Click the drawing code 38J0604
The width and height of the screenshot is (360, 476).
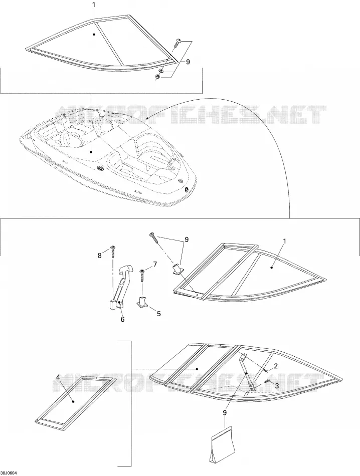(9, 473)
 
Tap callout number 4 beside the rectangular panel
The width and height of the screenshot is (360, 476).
(58, 377)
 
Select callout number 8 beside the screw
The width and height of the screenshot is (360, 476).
(100, 256)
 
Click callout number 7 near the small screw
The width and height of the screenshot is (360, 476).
(155, 264)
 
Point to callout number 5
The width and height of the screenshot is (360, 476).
(158, 314)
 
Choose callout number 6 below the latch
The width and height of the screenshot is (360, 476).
(122, 319)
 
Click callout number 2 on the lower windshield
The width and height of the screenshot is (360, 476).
(276, 366)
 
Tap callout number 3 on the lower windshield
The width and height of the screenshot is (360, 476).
(276, 385)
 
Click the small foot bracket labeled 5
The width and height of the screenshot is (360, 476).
(142, 302)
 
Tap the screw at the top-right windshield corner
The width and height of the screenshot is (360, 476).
(177, 43)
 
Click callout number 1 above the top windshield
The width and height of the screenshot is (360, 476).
(94, 5)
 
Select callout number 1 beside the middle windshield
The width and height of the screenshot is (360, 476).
(285, 241)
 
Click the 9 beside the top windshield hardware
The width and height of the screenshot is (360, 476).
(188, 62)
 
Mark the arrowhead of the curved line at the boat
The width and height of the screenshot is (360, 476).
(147, 118)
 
